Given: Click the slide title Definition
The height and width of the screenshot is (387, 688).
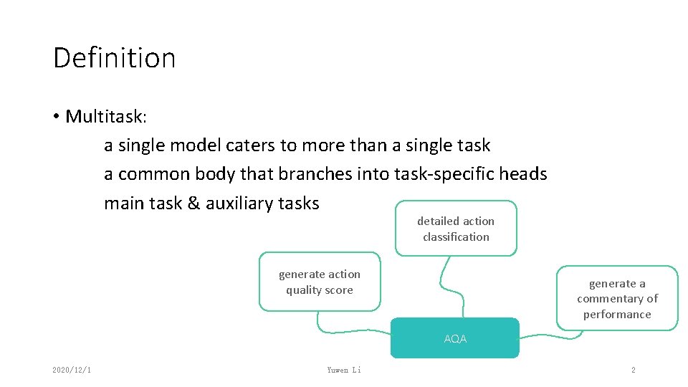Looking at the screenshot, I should coord(114,57).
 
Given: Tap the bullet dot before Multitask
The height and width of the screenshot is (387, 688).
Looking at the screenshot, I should coord(56,117).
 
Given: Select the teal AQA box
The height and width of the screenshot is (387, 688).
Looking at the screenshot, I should coord(454,338).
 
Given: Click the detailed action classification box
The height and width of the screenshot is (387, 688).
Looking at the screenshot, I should coord(456,229).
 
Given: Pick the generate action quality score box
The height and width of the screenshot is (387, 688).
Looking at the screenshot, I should coord(320,282).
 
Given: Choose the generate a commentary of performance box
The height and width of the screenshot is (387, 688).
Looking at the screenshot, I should coord(617,299).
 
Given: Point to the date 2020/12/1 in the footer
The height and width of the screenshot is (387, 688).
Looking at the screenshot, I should coord(71,370).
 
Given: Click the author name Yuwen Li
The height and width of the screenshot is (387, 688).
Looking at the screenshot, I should coord(344,370).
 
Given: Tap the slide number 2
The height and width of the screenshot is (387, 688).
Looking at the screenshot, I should coord(633,370).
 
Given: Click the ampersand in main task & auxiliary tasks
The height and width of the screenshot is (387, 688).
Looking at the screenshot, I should coord(193,204).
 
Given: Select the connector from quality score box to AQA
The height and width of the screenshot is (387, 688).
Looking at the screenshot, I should coord(351,331).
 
